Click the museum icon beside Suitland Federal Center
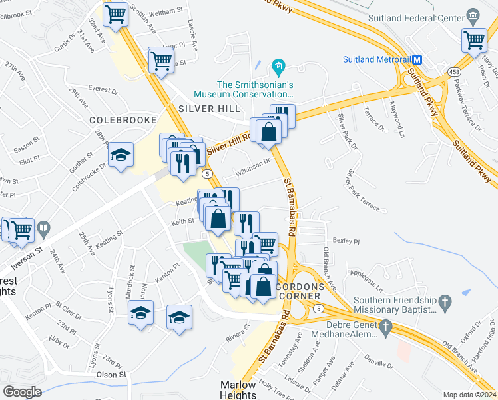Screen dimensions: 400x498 [473, 15]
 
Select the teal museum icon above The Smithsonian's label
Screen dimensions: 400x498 [278, 66]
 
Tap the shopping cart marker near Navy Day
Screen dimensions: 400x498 [475, 39]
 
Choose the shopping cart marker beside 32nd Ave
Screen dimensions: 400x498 [116, 13]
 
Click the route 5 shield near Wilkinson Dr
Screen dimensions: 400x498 [208, 173]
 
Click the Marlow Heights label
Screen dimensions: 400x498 [238, 390]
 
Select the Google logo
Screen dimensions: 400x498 [21, 392]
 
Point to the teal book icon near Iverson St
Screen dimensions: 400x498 [43, 228]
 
